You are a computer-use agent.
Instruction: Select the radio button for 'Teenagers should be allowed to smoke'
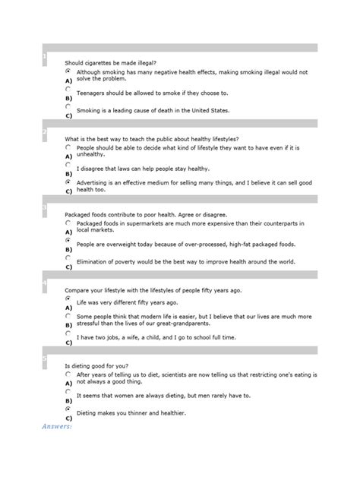click(68, 89)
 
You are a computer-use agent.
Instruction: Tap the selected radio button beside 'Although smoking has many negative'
click(68, 71)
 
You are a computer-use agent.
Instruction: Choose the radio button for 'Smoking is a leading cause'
click(68, 107)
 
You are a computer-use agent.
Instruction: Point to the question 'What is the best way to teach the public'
click(152, 138)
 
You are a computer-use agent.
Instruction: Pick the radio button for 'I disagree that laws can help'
click(68, 165)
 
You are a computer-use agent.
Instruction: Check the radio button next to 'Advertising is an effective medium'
click(68, 182)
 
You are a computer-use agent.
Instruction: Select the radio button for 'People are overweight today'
click(68, 240)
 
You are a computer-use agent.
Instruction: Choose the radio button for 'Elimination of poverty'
click(68, 258)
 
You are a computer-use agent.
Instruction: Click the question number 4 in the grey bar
click(46, 283)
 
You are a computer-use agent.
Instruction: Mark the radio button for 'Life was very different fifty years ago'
click(68, 298)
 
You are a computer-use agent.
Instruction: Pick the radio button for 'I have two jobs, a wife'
click(68, 333)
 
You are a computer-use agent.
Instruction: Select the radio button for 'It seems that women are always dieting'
click(68, 391)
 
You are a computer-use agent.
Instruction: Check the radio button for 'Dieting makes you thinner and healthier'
click(68, 409)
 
